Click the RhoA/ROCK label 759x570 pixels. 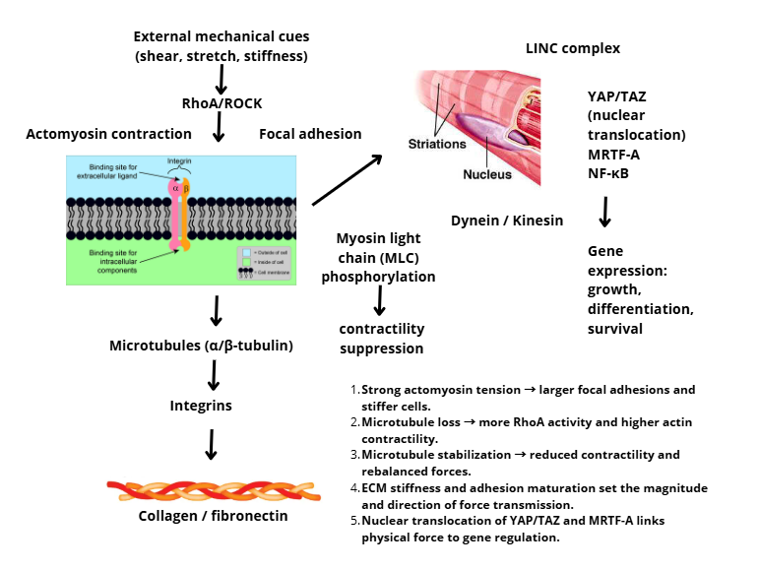coord(221,103)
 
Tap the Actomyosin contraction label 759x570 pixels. coord(109,134)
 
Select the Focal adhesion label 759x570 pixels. coord(310,134)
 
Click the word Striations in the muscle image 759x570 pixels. coord(437,144)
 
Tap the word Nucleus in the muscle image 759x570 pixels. coord(488,175)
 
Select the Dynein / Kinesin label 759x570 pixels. coord(507,221)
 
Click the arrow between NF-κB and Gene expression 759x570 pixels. coord(605,211)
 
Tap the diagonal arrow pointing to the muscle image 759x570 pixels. coord(347,179)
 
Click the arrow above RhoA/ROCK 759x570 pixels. coord(221,79)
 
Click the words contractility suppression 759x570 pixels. coord(382,338)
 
